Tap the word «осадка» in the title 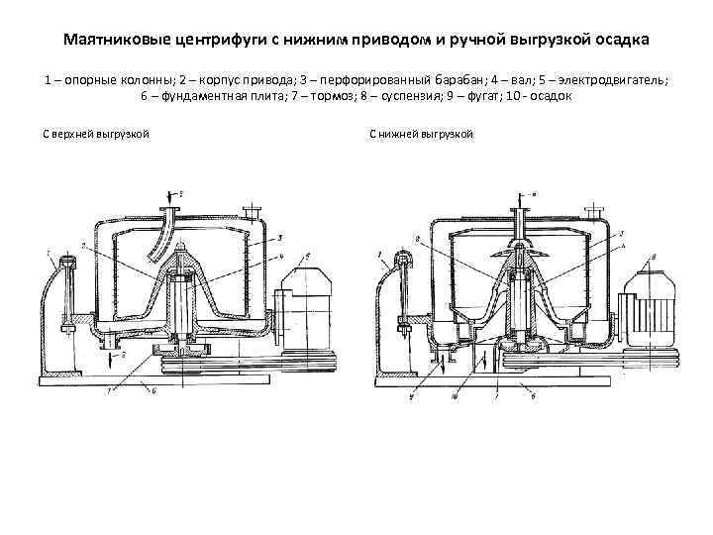[x=620, y=42]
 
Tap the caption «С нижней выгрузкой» [x=421, y=133]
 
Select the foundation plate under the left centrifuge [x=178, y=378]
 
